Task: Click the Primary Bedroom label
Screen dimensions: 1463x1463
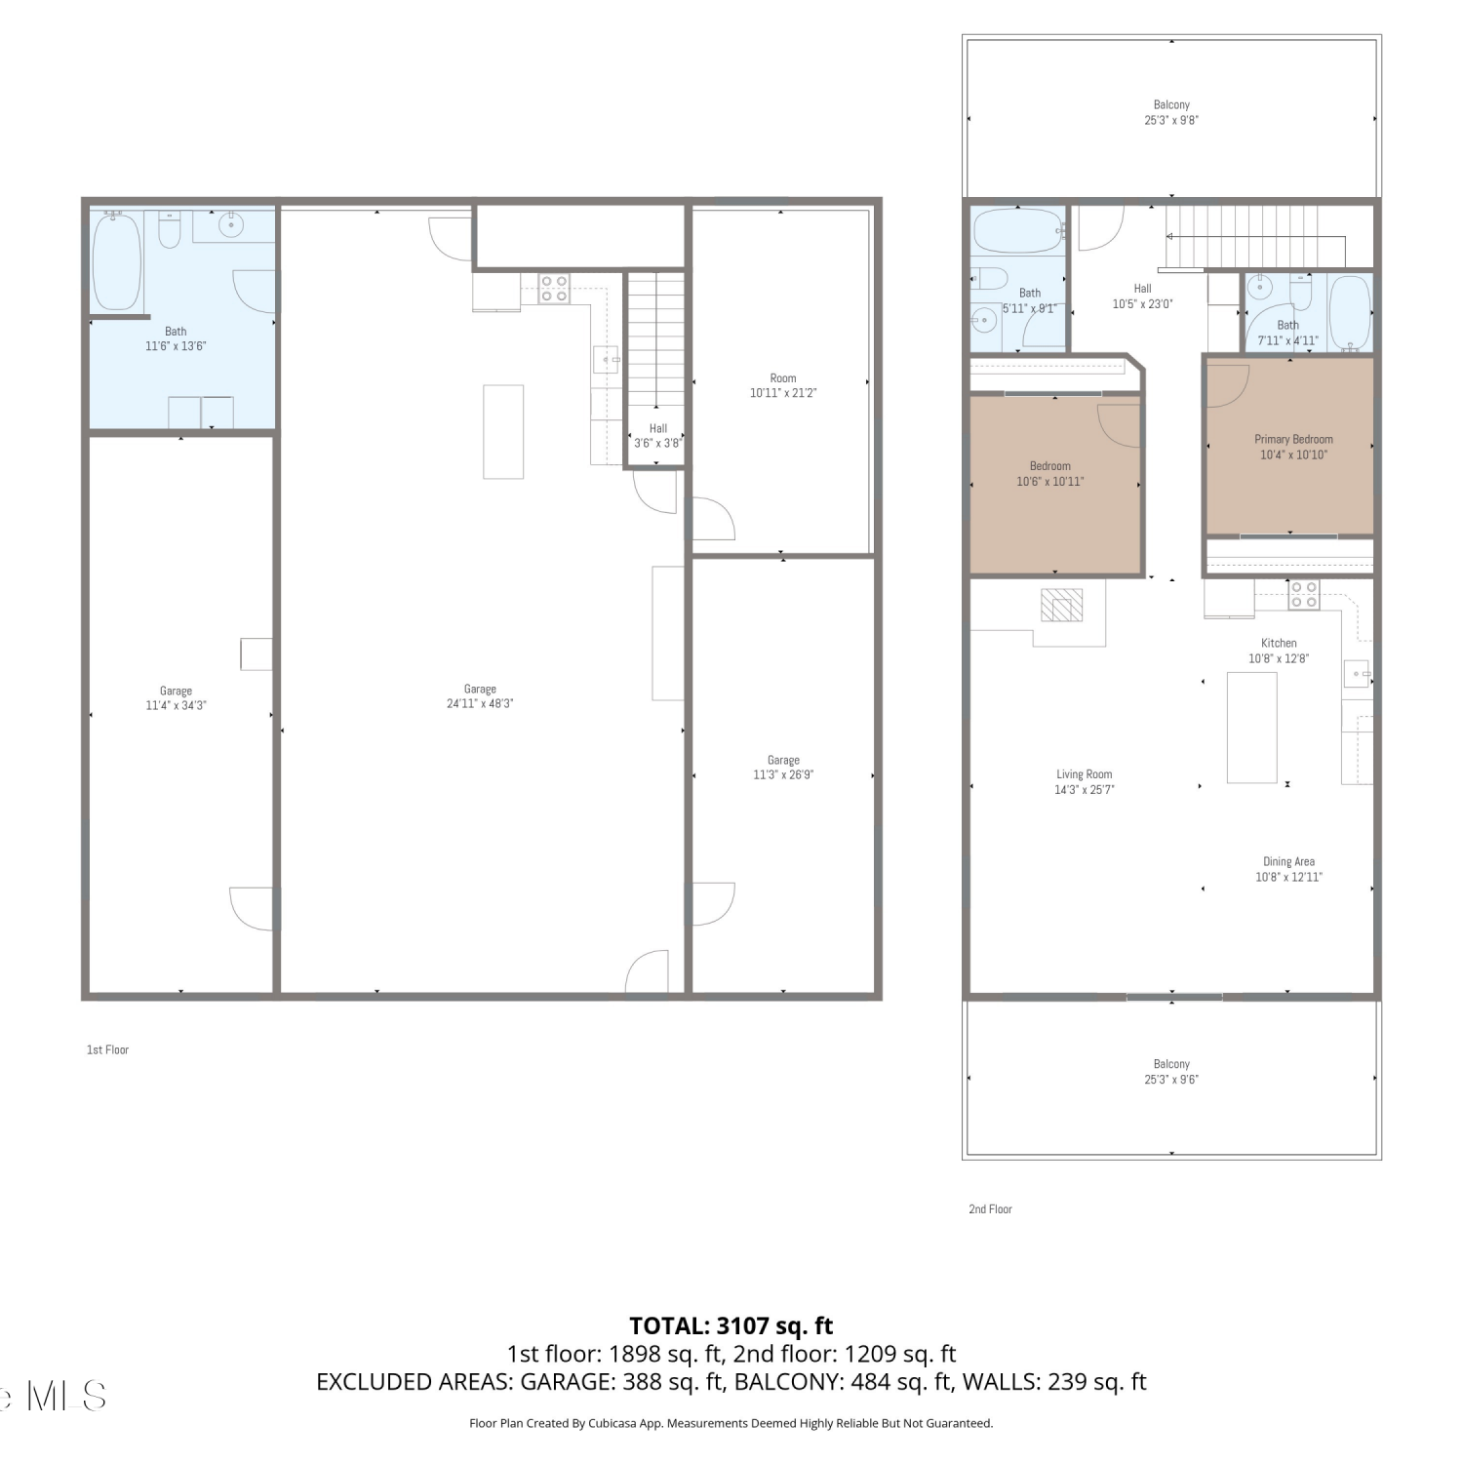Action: [x=1293, y=439]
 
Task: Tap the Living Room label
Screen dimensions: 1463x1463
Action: [x=1084, y=774]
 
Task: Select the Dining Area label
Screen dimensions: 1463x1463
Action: [x=1288, y=861]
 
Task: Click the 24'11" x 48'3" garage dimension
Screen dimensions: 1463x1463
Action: [x=480, y=703]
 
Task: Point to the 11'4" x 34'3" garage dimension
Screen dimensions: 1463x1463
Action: [x=176, y=705]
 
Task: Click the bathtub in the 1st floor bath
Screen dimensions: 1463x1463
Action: [x=117, y=261]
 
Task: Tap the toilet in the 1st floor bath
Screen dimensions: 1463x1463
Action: [x=169, y=230]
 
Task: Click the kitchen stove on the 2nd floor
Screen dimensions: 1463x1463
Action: [x=1304, y=595]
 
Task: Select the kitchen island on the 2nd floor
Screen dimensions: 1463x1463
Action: [x=1251, y=727]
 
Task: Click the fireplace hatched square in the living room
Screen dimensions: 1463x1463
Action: [x=1062, y=605]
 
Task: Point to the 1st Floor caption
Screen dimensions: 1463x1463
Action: [x=107, y=1049]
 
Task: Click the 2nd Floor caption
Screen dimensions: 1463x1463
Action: [x=990, y=1208]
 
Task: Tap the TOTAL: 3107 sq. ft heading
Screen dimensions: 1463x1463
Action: [x=731, y=1325]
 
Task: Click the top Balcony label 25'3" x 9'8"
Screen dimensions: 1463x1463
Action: [x=1171, y=112]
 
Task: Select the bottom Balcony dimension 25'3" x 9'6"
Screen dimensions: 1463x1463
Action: [x=1171, y=1080]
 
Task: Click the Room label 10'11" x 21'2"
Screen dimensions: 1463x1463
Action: [x=783, y=385]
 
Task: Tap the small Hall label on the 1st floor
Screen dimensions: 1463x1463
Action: [x=658, y=428]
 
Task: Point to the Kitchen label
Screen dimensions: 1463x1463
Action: [x=1279, y=643]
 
